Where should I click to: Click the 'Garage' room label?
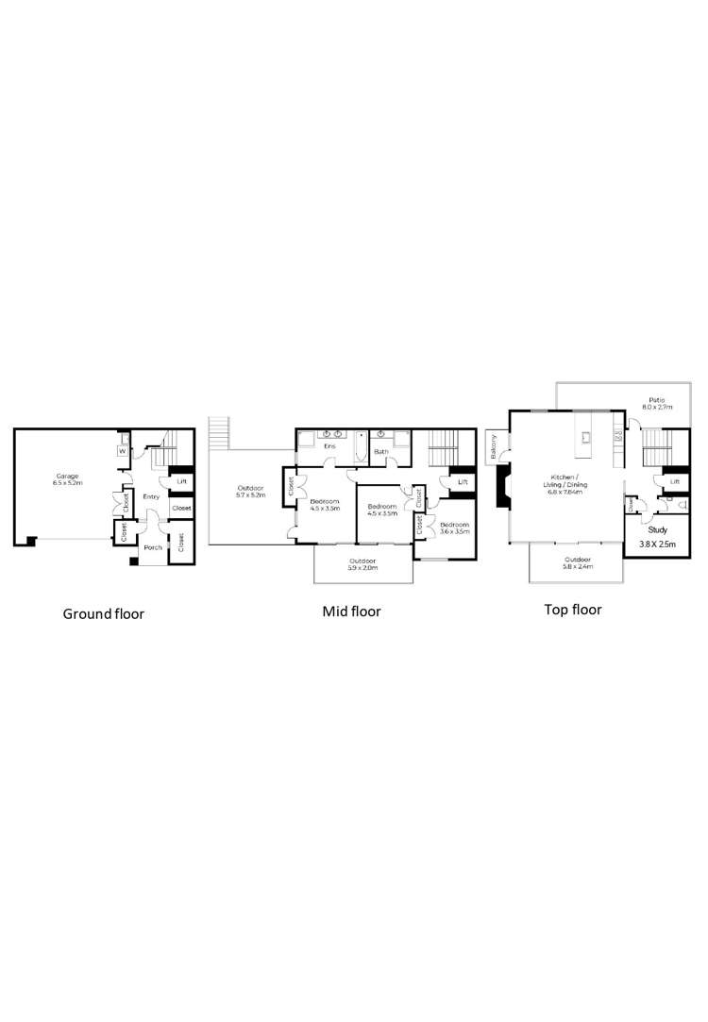(67, 477)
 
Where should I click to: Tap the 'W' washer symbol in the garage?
(122, 451)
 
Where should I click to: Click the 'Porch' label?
(153, 547)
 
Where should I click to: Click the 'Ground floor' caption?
(103, 614)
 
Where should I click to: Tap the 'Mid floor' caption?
(351, 612)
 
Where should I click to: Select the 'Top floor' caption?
(572, 610)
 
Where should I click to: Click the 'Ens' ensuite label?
(330, 446)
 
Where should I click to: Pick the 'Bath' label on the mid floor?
(380, 452)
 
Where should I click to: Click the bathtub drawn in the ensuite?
(360, 446)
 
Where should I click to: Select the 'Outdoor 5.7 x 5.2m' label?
(250, 491)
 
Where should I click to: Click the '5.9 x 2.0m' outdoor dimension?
(362, 568)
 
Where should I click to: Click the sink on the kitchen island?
(585, 437)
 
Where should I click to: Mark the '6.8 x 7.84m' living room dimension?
(565, 492)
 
